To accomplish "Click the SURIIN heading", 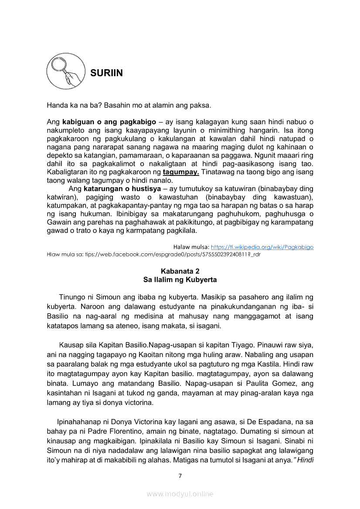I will (106, 73).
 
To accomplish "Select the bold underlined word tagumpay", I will (181, 172).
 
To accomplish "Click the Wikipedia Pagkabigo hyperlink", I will (262, 247).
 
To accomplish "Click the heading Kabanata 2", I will (180, 271).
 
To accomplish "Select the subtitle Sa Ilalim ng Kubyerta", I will (180, 280).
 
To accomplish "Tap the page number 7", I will (180, 475).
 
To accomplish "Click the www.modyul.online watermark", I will (180, 494).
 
